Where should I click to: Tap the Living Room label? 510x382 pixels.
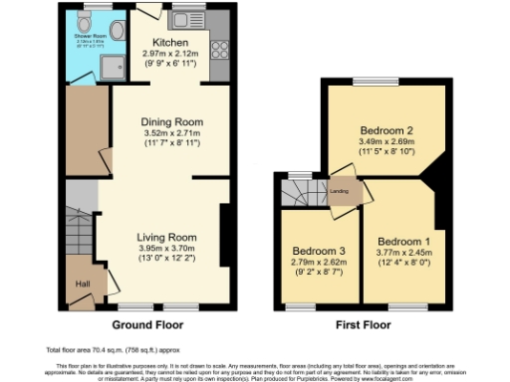point(166,238)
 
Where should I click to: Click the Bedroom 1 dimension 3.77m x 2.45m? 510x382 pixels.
point(404,253)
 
